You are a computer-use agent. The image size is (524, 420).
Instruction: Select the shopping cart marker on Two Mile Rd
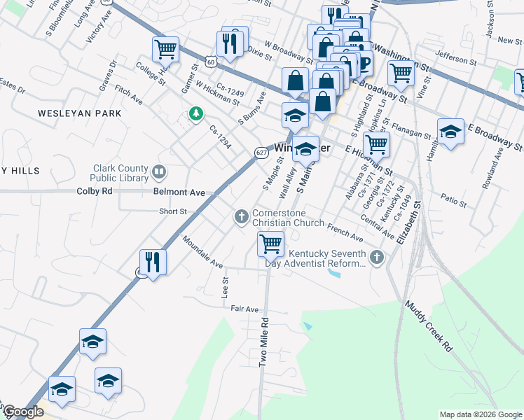coord(270,244)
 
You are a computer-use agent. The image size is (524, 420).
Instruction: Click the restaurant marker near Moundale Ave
coord(153,262)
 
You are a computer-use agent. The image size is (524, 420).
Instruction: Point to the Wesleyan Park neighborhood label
coord(80,113)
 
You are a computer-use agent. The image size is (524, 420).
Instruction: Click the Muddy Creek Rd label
coord(429,327)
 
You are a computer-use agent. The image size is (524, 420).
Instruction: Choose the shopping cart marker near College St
coord(165,50)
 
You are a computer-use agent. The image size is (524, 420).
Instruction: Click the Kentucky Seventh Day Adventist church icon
coord(377,258)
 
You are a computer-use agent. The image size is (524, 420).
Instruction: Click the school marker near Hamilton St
coord(450,132)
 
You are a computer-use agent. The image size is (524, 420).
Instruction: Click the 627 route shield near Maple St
coord(261,152)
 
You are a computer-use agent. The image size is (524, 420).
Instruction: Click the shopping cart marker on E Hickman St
coord(377,144)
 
